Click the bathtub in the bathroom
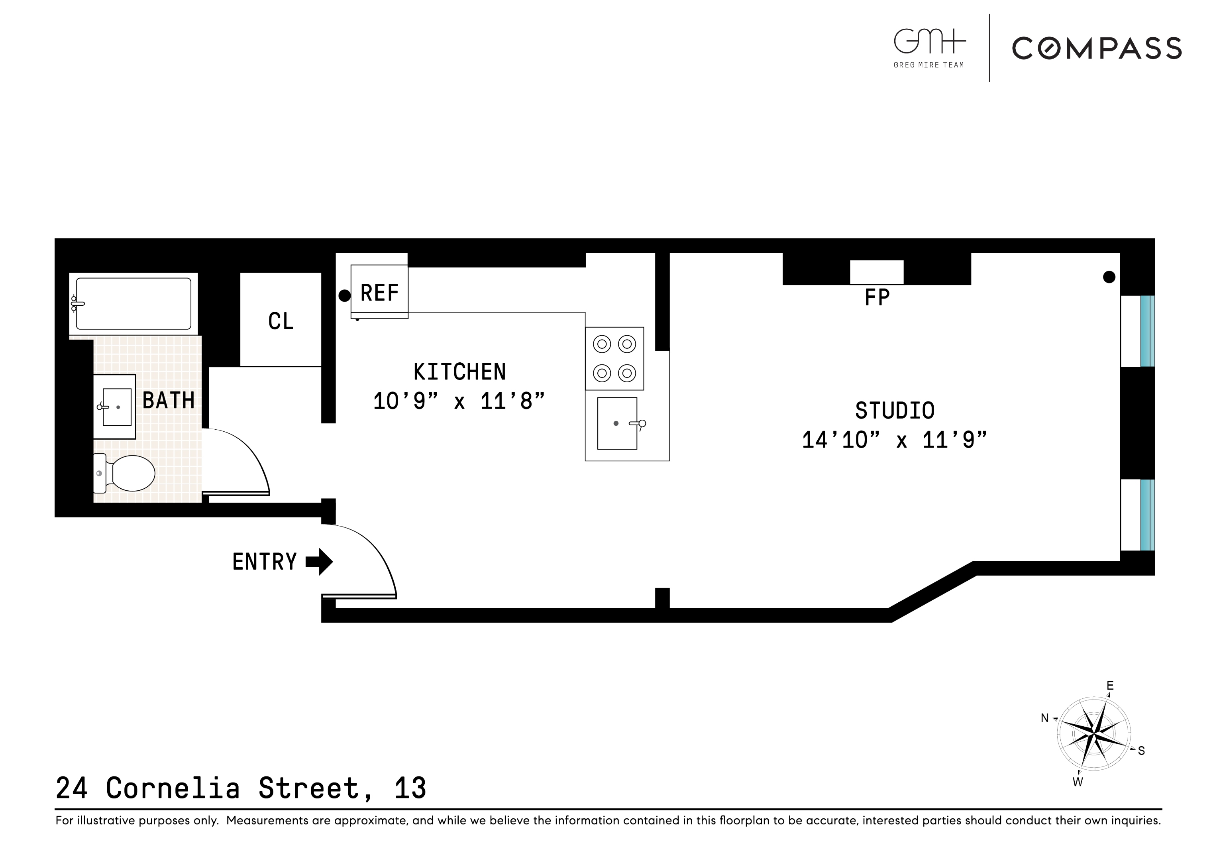pos(133,304)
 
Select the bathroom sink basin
pos(117,407)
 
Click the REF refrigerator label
pos(379,293)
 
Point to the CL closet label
pos(281,321)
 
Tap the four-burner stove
pos(614,358)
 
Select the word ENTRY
pos(264,562)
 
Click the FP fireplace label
pos(877,298)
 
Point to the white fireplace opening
pos(877,272)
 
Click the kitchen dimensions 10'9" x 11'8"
pos(459,401)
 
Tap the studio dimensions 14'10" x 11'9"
pos(894,440)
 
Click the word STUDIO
pos(895,410)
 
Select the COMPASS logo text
pos(1097,48)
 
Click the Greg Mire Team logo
pos(929,48)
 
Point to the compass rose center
pos(1094,734)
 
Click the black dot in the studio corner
pos(1109,277)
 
